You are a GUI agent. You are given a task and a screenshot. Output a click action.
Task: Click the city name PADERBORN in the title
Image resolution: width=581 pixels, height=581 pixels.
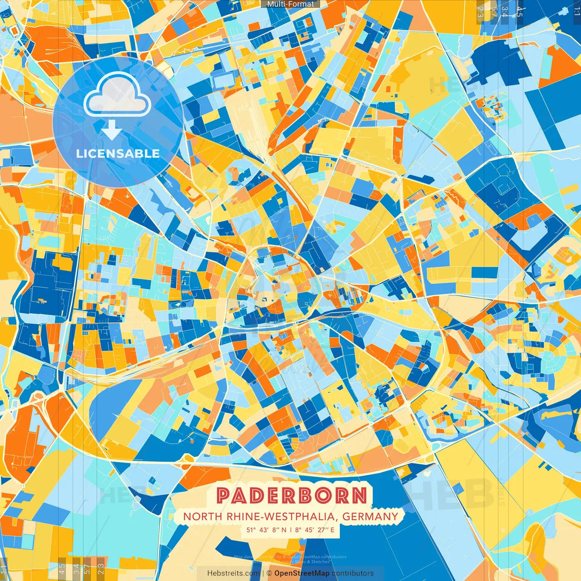291,496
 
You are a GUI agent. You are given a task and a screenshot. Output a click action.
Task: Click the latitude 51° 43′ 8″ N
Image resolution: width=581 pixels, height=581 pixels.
266,530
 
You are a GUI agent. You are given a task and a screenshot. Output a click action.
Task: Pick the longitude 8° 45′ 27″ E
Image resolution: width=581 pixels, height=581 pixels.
315,530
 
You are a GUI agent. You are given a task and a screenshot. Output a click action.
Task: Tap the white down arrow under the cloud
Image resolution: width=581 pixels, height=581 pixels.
111,130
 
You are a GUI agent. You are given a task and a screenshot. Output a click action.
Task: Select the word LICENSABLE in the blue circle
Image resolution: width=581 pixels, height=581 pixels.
118,153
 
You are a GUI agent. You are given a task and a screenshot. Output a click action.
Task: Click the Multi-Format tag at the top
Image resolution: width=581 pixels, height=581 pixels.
290,4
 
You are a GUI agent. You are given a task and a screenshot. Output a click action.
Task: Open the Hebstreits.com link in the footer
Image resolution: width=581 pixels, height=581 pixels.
234,573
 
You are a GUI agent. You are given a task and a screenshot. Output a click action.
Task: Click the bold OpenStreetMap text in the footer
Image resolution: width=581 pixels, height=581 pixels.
302,573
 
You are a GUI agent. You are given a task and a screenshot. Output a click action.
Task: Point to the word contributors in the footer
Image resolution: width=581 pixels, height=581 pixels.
352,573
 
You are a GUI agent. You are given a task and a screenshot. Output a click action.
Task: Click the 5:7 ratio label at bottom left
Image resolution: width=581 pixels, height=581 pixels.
87,568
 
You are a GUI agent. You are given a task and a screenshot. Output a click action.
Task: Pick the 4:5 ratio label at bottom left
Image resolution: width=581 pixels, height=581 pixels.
62,568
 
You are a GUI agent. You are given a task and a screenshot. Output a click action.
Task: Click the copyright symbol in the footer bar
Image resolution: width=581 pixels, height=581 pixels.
270,573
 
